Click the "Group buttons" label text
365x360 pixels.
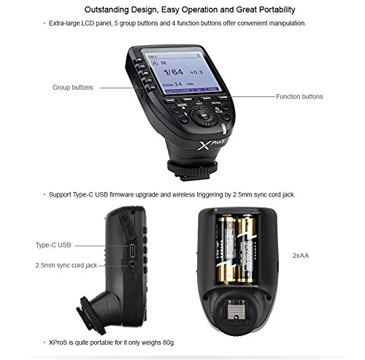(72, 87)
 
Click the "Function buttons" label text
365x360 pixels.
(299, 96)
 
